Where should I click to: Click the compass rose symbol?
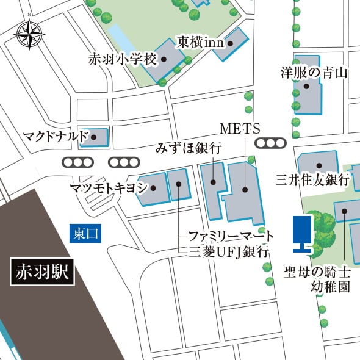(x=29, y=35)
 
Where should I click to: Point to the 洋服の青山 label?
(x=314, y=73)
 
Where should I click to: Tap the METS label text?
(x=240, y=129)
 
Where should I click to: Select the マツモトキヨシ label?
(x=108, y=188)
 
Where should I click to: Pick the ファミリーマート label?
(x=230, y=236)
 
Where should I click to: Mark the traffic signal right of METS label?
(x=270, y=143)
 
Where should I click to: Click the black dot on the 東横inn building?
(x=231, y=43)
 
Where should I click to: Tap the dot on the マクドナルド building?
(x=93, y=137)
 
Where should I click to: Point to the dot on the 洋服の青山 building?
(x=306, y=86)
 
